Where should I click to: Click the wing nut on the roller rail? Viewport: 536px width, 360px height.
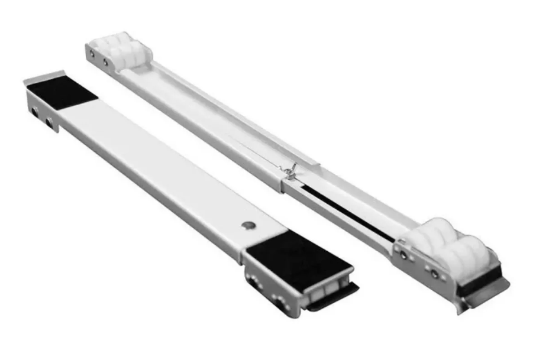tap(290, 171)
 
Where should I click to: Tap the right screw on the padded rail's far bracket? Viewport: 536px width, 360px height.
tap(50, 121)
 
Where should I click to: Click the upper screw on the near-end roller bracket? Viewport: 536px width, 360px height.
tap(403, 254)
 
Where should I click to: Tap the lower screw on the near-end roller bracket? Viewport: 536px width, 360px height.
tap(434, 274)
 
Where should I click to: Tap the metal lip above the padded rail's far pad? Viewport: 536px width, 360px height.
tap(45, 76)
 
